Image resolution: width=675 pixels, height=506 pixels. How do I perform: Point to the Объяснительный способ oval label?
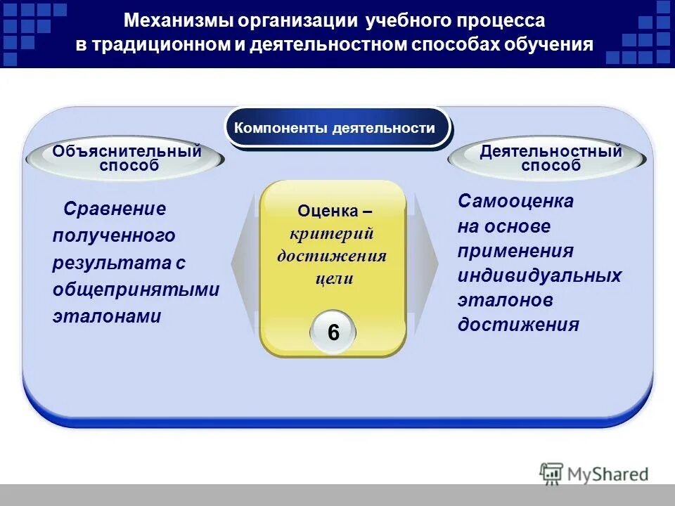[x=126, y=158]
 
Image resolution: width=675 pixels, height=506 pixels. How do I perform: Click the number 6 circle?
[x=333, y=332]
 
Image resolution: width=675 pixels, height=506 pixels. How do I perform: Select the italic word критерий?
[x=332, y=233]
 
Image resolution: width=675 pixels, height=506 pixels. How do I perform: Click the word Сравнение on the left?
[x=115, y=209]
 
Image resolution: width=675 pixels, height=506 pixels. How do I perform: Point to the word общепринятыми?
[x=136, y=290]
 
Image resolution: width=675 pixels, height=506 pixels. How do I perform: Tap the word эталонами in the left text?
[x=107, y=316]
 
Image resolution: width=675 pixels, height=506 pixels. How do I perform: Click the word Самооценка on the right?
[x=515, y=202]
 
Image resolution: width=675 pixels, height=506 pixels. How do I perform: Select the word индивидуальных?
[x=539, y=275]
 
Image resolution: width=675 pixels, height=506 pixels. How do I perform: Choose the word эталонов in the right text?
[x=505, y=300]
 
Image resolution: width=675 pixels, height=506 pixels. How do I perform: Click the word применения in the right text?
[x=515, y=251]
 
